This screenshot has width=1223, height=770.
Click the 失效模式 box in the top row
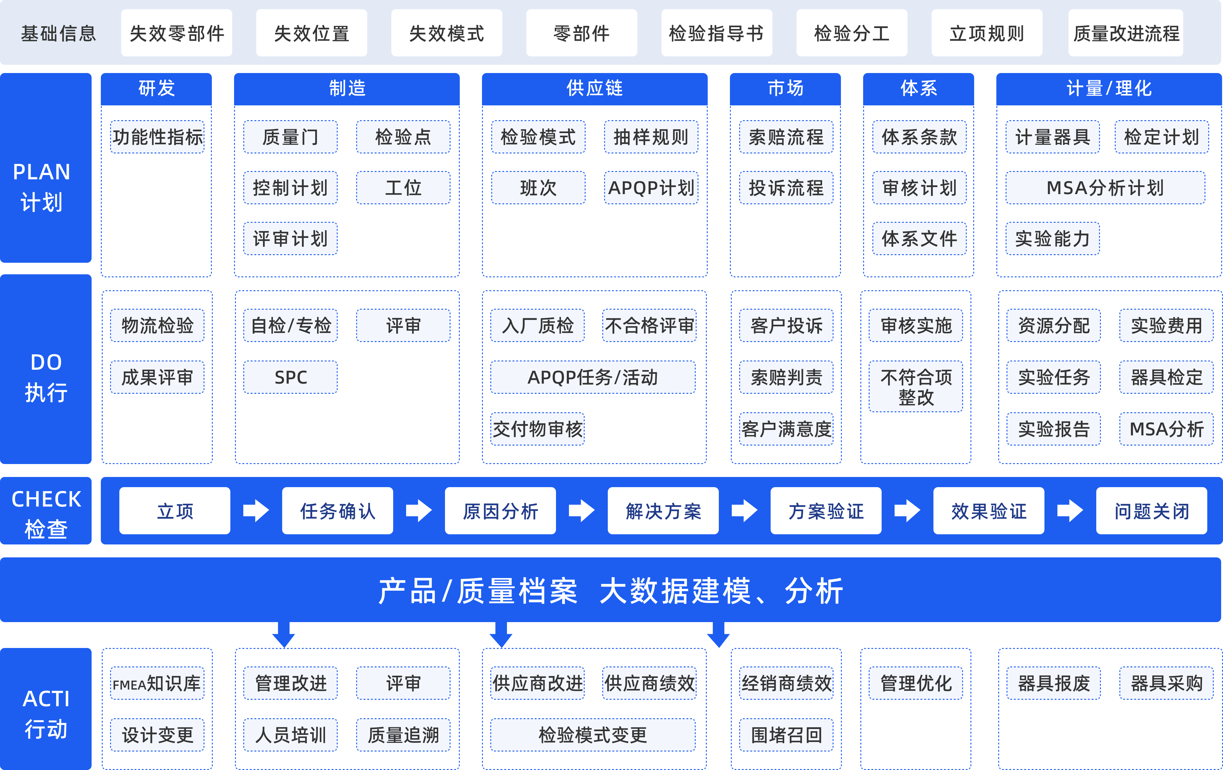point(447,33)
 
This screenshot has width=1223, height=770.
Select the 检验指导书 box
point(717,33)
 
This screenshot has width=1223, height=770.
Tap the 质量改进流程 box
point(1126,33)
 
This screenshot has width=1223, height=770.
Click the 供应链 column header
point(594,88)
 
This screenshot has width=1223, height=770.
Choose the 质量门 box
point(290,136)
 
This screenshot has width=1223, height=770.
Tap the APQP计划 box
point(651,187)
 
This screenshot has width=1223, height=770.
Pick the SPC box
point(290,377)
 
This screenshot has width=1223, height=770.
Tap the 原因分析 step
point(500,510)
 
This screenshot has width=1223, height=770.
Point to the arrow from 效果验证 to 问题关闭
point(1070,510)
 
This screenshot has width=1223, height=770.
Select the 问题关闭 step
point(1151,510)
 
